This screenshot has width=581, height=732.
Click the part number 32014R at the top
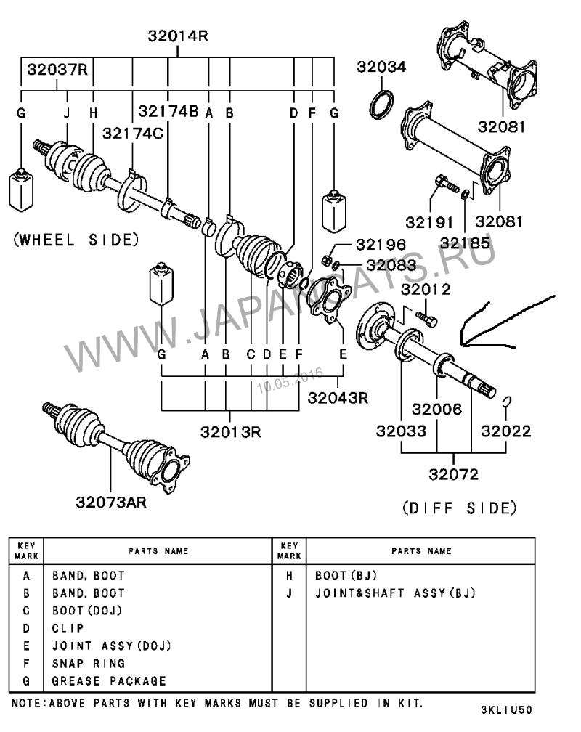tap(178, 36)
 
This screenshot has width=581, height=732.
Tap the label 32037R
tap(57, 70)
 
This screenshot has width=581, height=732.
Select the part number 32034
tap(381, 67)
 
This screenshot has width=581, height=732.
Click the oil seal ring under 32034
tap(381, 105)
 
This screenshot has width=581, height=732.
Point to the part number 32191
tap(429, 222)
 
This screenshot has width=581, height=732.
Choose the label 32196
tap(381, 244)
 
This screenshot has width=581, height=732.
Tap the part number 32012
tap(426, 290)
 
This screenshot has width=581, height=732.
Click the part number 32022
tap(505, 431)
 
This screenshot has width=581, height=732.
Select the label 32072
tap(453, 474)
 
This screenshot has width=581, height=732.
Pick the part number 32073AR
tap(111, 503)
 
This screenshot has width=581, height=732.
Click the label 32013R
tap(231, 432)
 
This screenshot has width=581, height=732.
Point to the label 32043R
tap(338, 398)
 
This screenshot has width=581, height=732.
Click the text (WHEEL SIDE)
tap(76, 240)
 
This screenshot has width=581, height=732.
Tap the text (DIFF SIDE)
tap(460, 508)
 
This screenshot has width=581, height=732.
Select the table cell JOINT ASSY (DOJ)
tap(112, 646)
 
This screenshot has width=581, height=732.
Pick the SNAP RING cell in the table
tap(89, 664)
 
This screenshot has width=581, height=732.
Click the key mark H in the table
tap(289, 576)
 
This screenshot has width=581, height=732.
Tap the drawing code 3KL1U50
tap(507, 710)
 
